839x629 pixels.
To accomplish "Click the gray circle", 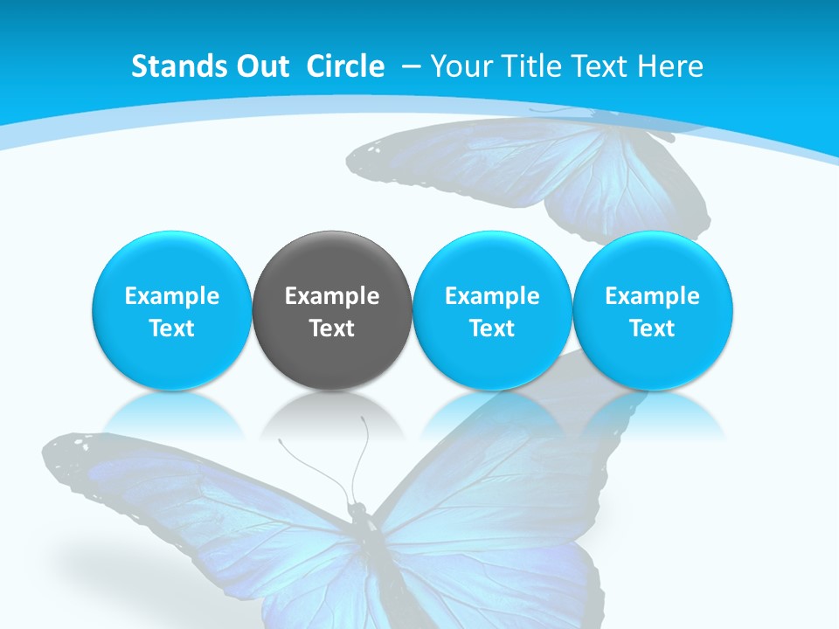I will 332,310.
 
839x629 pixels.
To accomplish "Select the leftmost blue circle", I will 171,310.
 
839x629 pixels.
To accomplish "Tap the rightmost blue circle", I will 652,310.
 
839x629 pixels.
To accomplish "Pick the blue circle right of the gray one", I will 492,310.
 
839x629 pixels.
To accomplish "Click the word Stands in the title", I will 170,66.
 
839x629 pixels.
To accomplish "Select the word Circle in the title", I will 345,66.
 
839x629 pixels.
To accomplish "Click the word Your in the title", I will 458,66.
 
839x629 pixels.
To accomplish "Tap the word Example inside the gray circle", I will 332,296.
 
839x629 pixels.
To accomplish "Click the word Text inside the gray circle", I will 332,328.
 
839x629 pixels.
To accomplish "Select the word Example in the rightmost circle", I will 652,296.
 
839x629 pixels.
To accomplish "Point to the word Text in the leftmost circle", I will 171,328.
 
